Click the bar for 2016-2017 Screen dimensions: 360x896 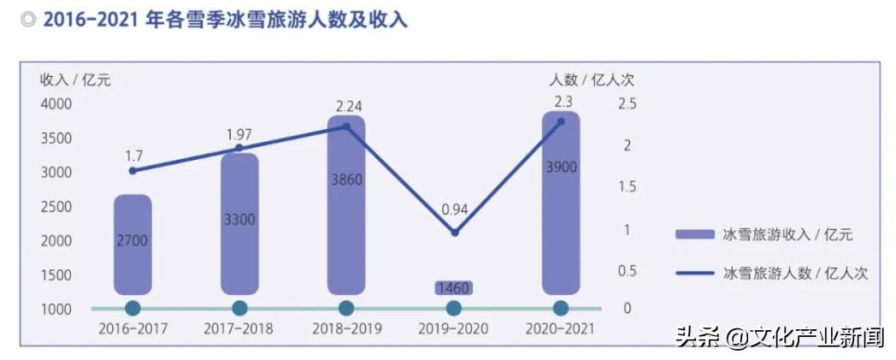pyautogui.click(x=133, y=244)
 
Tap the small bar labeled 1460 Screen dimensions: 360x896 pyautogui.click(x=453, y=288)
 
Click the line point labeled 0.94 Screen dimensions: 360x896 pyautogui.click(x=454, y=233)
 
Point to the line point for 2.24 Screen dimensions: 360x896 pyautogui.click(x=346, y=126)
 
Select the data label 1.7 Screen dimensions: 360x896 pyautogui.click(x=133, y=156)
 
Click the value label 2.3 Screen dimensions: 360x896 pyautogui.click(x=563, y=102)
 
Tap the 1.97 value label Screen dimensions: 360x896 pyautogui.click(x=240, y=135)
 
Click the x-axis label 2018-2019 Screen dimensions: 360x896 pyautogui.click(x=346, y=328)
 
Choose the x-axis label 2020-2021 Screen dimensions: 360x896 pyautogui.click(x=561, y=328)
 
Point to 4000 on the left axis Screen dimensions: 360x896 pyautogui.click(x=56, y=104)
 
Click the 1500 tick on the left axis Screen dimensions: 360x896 pyautogui.click(x=56, y=274)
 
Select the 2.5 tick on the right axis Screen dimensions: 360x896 pyautogui.click(x=628, y=104)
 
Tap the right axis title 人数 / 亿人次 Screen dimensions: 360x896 pyautogui.click(x=592, y=80)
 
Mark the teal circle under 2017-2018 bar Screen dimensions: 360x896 pyautogui.click(x=239, y=308)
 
